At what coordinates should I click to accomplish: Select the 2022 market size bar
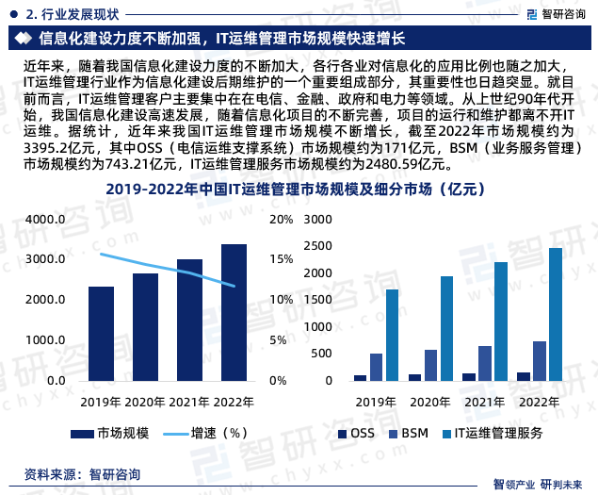[x=234, y=312]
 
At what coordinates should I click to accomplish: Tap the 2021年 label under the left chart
[x=189, y=402]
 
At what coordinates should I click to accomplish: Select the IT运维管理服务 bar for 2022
[x=556, y=314]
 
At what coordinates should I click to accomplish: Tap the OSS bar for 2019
[x=360, y=377]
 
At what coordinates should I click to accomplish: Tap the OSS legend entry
[x=356, y=434]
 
